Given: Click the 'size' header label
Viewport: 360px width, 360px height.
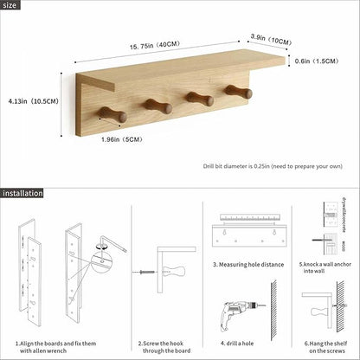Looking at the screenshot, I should [11, 6].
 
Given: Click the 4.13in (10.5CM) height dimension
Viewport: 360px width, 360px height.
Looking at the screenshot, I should [29, 100].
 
